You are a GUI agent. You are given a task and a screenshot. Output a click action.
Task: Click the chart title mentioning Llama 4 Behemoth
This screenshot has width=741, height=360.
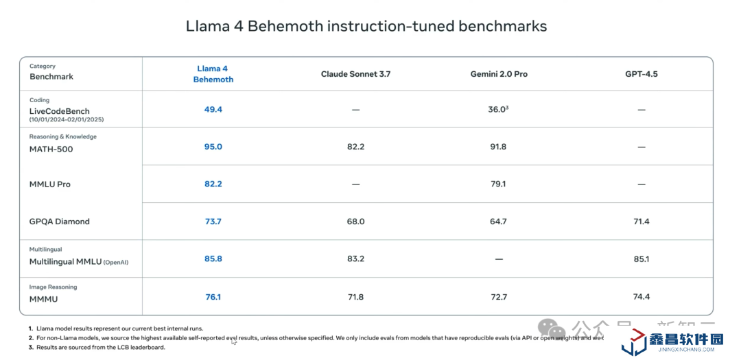point(366,26)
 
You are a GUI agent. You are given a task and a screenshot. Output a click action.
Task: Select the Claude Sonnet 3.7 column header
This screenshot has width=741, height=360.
point(355,74)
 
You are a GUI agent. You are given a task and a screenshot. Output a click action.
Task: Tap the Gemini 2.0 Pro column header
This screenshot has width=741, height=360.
point(499,74)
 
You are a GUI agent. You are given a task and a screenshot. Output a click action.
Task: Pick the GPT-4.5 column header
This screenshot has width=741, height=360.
point(641,74)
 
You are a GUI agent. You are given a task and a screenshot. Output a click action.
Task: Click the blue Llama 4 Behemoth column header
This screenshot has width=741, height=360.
point(213,74)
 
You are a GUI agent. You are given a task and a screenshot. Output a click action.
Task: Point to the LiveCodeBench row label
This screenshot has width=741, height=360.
point(60,111)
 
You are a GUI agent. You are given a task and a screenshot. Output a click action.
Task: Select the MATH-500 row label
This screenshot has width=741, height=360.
point(51,149)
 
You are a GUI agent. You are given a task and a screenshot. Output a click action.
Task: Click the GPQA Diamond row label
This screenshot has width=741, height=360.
point(60,221)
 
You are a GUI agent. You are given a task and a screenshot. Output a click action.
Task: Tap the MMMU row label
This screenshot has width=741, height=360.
point(44,299)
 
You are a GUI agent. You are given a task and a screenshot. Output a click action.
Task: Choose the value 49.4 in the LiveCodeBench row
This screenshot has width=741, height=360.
point(213,109)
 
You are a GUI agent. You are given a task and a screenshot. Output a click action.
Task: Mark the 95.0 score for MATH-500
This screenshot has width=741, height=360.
point(213,147)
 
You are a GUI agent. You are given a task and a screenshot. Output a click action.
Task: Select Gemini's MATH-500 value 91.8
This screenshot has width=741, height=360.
point(498,147)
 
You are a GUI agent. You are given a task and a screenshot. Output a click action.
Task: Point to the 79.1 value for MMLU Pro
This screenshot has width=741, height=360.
point(498,184)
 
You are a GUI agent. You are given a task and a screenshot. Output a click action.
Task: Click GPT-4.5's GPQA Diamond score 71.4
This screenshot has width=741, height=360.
point(641,221)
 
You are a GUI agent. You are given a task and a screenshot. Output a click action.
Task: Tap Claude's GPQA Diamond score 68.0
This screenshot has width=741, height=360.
point(355,221)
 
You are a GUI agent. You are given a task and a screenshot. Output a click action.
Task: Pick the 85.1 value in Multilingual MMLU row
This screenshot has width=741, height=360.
point(641,259)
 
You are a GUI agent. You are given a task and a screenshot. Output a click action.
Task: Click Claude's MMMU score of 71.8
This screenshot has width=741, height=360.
point(355,297)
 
